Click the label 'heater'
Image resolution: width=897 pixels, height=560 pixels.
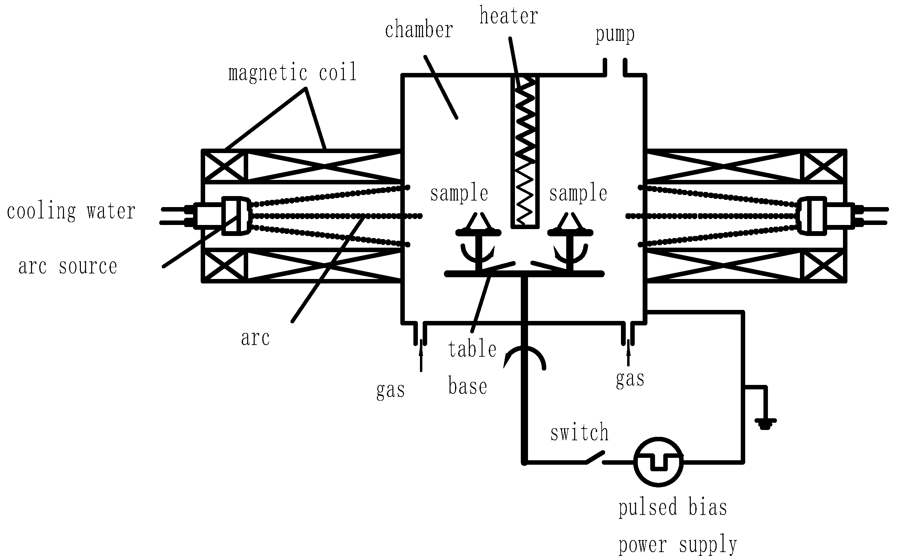pyautogui.click(x=509, y=17)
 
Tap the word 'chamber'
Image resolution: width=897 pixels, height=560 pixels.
pyautogui.click(x=419, y=30)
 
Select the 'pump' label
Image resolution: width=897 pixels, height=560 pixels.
pyautogui.click(x=615, y=35)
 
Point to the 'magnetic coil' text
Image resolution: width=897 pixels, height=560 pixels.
pyautogui.click(x=292, y=72)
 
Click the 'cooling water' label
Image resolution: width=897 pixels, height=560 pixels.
pyautogui.click(x=71, y=212)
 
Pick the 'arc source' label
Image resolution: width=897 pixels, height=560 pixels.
pyautogui.click(x=68, y=267)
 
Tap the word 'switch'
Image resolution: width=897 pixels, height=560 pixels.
pyautogui.click(x=579, y=433)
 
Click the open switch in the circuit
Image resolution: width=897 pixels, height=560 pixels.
pyautogui.click(x=595, y=458)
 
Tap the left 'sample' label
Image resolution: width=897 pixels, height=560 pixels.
pyautogui.click(x=459, y=193)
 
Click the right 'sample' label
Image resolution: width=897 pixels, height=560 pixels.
pyautogui.click(x=578, y=193)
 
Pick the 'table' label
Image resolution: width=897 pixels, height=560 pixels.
pyautogui.click(x=472, y=349)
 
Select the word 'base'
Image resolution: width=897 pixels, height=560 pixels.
pyautogui.click(x=467, y=386)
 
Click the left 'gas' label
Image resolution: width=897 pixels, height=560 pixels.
pyautogui.click(x=390, y=390)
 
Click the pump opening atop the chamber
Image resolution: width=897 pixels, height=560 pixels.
pyautogui.click(x=615, y=68)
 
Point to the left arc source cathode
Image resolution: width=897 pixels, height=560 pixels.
pyautogui.click(x=236, y=216)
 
